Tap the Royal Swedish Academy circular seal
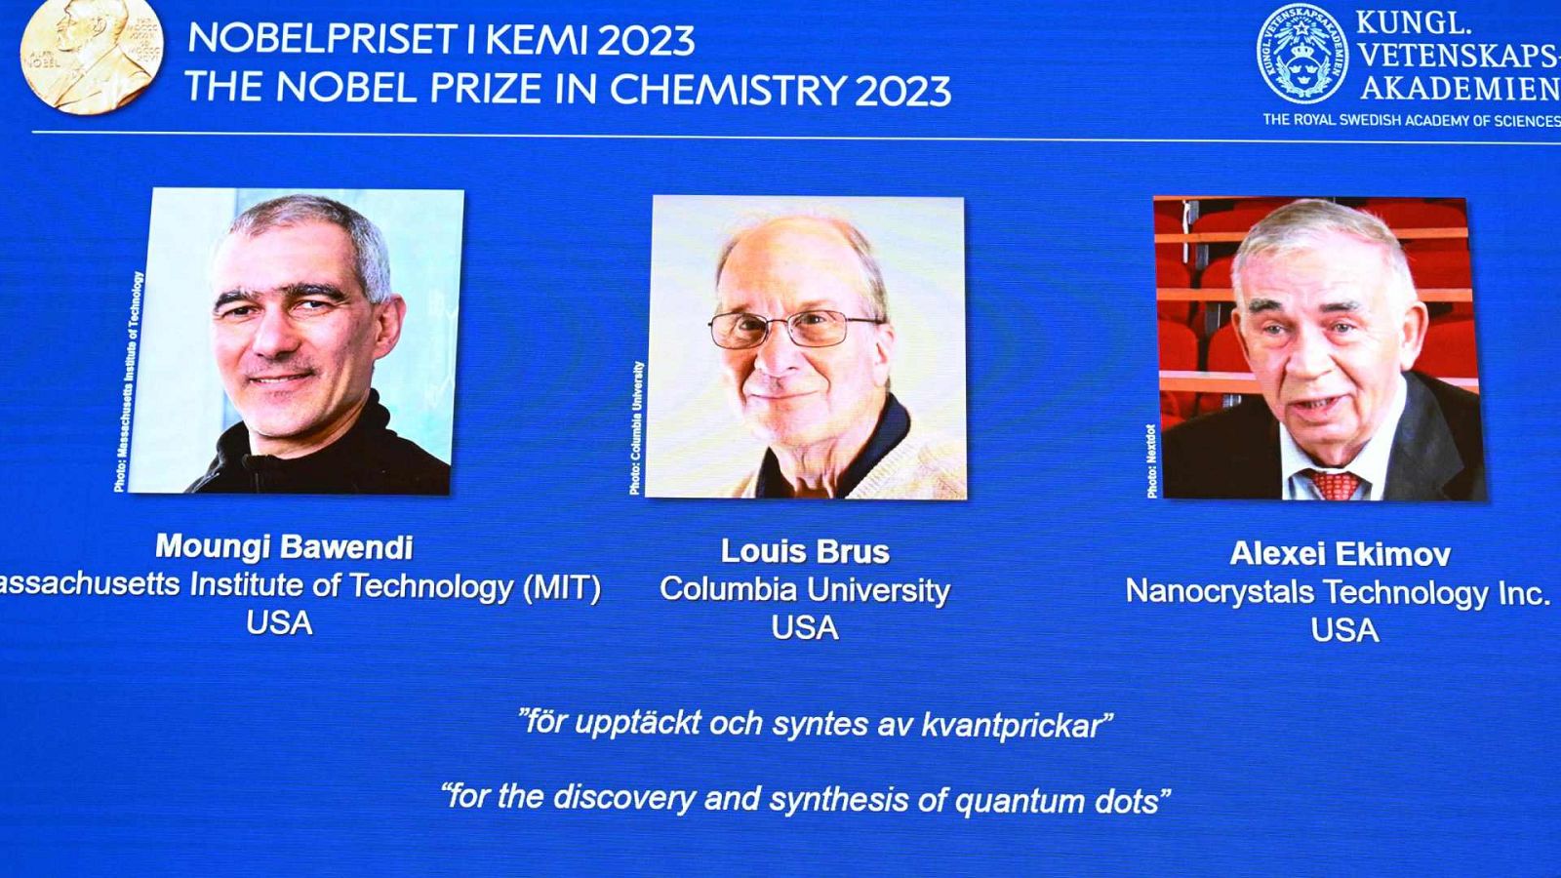[1301, 55]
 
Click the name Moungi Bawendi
[284, 547]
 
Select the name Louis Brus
[805, 552]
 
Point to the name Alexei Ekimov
[1340, 554]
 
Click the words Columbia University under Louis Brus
[805, 590]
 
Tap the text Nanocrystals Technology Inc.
[1337, 592]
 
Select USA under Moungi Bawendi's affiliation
[279, 623]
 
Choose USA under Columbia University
[805, 628]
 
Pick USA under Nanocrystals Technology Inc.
[1344, 630]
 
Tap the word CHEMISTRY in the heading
[727, 90]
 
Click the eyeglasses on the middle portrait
[795, 329]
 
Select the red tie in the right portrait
[1334, 484]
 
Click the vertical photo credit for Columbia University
[637, 427]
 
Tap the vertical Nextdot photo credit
[1152, 460]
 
